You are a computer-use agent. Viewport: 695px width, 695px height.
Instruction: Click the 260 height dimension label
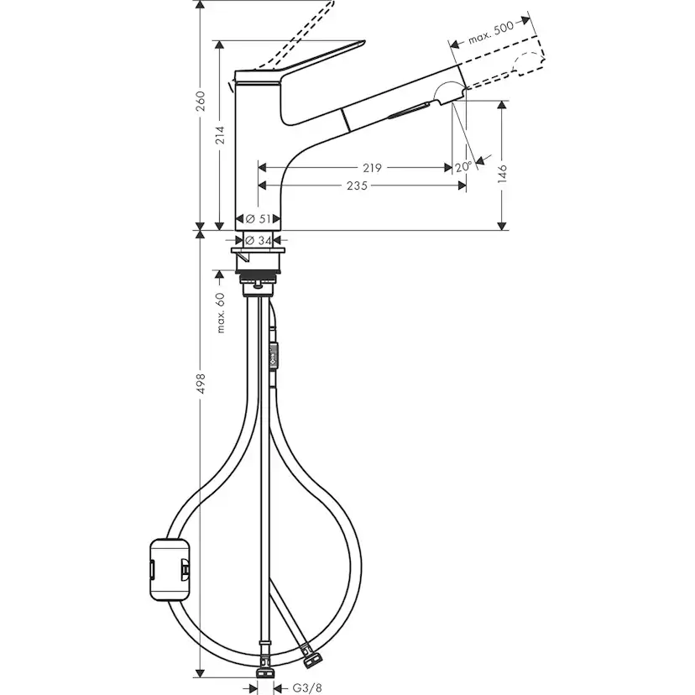click(x=200, y=101)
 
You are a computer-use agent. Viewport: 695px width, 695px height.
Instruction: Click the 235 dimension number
click(x=356, y=186)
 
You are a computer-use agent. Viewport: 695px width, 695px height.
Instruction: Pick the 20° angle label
click(x=462, y=167)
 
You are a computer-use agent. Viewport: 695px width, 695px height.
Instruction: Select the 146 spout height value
click(x=502, y=173)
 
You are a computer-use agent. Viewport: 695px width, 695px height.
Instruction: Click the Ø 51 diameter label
click(x=260, y=218)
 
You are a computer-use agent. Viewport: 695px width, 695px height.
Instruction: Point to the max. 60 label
click(x=221, y=312)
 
